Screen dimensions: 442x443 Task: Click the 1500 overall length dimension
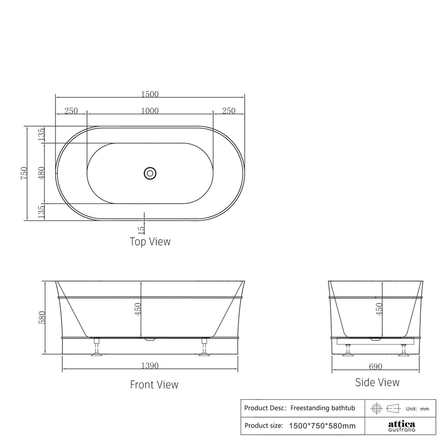150,94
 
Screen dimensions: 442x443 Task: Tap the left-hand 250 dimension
71,111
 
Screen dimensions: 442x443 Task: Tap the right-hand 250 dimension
228,111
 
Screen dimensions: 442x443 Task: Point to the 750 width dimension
24,173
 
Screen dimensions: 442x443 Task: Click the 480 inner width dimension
42,173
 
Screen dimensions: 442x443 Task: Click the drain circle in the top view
150,173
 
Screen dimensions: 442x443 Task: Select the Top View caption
150,241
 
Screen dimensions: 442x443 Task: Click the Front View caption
154,384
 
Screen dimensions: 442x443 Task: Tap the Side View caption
377,382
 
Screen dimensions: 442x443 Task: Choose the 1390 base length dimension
150,366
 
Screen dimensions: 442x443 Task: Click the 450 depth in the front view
138,310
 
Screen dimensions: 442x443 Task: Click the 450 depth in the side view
379,310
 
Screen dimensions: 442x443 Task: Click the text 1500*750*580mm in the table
322,426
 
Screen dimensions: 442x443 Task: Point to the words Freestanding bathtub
323,408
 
